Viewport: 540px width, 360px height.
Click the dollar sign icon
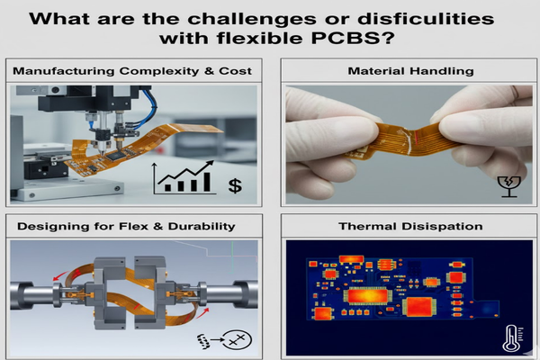point(236,185)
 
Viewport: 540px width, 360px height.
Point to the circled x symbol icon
point(237,340)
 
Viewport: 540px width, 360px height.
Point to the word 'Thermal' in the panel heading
point(371,227)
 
